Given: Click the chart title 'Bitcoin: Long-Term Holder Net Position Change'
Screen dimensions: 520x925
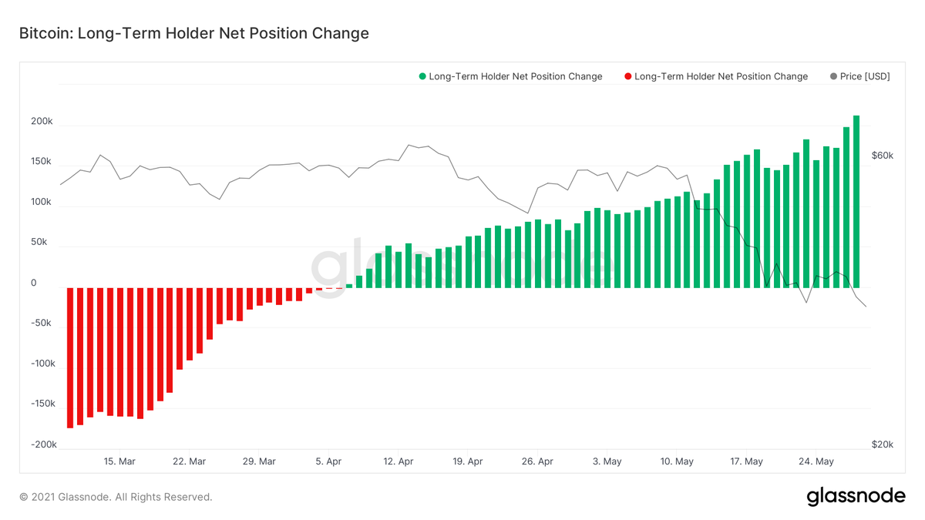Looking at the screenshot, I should tap(193, 33).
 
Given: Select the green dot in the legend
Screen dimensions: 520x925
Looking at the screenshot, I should tap(422, 76).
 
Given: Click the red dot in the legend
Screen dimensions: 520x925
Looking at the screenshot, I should tap(627, 76).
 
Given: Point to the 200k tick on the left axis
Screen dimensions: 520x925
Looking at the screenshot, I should tap(42, 122).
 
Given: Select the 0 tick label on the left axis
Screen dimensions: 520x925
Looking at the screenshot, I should tap(34, 283).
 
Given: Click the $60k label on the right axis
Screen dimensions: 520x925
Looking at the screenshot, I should tap(882, 156).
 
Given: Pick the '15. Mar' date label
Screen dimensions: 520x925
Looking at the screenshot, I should tap(119, 461).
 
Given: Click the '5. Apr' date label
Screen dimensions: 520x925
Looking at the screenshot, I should tap(329, 461).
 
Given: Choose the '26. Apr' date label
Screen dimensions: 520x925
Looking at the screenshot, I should tap(537, 461).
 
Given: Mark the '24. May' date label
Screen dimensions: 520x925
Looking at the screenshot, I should tap(816, 461).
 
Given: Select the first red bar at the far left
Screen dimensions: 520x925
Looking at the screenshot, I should tap(70, 357).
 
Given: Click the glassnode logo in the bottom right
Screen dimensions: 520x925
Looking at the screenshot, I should tap(856, 497).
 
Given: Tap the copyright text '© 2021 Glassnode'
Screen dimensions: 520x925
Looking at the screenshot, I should tap(116, 498).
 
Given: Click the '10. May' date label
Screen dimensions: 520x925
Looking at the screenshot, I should tap(677, 461).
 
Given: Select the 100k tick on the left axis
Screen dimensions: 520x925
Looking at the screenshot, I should tap(42, 203).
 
